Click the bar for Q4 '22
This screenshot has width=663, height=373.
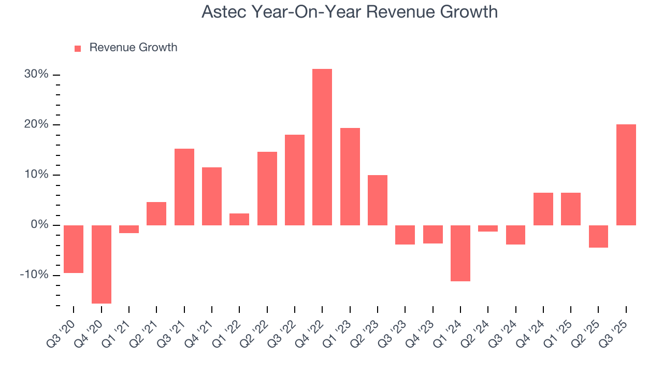pos(322,147)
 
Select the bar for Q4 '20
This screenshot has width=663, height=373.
pos(101,264)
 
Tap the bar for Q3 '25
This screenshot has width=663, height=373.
pos(626,175)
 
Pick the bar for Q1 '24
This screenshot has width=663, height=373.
pos(460,253)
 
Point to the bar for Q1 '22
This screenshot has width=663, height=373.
pos(239,219)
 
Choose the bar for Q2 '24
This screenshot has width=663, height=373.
pos(488,228)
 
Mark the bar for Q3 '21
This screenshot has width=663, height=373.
pos(184,187)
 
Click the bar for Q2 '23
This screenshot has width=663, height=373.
pos(377,200)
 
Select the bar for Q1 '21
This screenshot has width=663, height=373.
pos(129,229)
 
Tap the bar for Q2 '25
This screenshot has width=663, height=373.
pos(598,236)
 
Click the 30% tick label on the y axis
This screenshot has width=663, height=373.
pos(36,75)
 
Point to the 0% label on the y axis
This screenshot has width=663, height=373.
pos(39,225)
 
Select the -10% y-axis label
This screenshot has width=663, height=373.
pos(34,275)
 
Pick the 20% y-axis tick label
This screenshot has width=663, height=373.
pos(36,125)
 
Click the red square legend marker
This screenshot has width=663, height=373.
pos(78,48)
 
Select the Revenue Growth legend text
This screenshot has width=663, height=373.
pos(133,48)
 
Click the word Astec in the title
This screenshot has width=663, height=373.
pos(223,12)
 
